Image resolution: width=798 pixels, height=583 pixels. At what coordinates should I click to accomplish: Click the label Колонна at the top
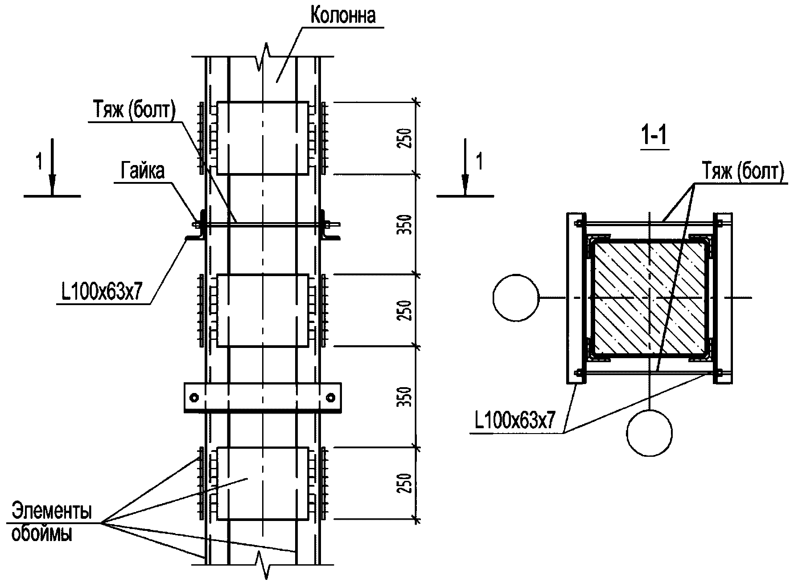click(x=343, y=15)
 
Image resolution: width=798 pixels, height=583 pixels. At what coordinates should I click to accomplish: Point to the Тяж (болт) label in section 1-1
click(x=743, y=172)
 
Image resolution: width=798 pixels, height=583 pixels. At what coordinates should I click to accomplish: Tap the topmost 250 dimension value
click(x=405, y=139)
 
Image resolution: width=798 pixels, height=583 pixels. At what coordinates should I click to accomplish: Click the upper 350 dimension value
click(x=405, y=225)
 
